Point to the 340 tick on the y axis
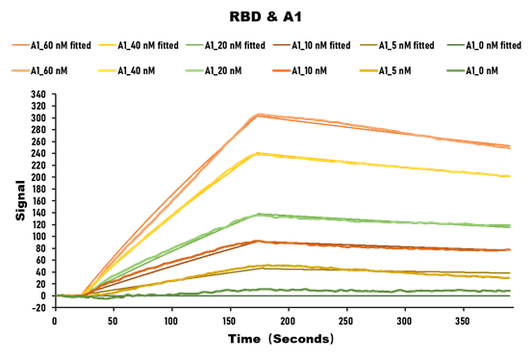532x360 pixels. click(38, 94)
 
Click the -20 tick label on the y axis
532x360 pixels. click(38, 308)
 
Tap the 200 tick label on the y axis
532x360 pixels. click(38, 177)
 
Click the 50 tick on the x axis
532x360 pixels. click(113, 321)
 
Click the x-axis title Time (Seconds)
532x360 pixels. click(281, 340)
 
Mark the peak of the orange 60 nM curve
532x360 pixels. click(259, 115)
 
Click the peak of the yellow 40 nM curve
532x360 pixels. click(257, 153)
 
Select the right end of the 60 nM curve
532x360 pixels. click(510, 147)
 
